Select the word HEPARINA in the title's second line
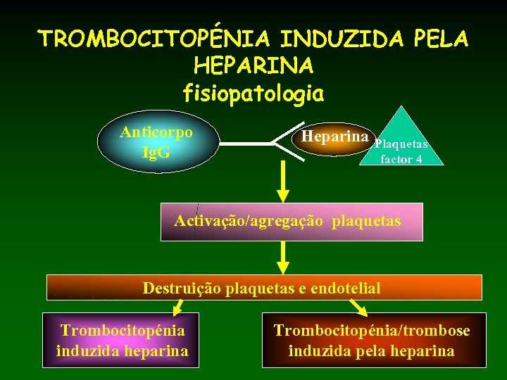pyautogui.click(x=254, y=65)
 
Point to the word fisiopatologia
pyautogui.click(x=254, y=92)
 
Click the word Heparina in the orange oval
pyautogui.click(x=334, y=136)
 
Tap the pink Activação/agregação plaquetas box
pyautogui.click(x=292, y=222)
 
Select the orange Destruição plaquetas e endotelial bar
pyautogui.click(x=264, y=287)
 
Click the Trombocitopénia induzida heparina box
pyautogui.click(x=123, y=341)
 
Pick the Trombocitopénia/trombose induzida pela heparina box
pyautogui.click(x=373, y=341)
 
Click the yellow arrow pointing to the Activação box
pyautogui.click(x=282, y=183)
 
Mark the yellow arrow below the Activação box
pyautogui.click(x=282, y=257)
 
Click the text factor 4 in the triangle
pyautogui.click(x=401, y=159)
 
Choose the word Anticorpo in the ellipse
pyautogui.click(x=156, y=132)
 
